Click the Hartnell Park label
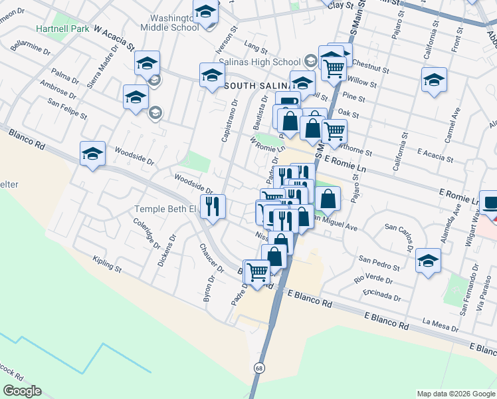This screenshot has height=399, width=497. pyautogui.click(x=63, y=29)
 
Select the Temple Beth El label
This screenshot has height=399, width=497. pyautogui.click(x=166, y=209)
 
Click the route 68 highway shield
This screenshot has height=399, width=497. pyautogui.click(x=258, y=367)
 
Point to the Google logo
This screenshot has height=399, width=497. pyautogui.click(x=22, y=391)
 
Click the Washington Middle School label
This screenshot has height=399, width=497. pyautogui.click(x=169, y=22)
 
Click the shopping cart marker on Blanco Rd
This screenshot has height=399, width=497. pyautogui.click(x=256, y=271)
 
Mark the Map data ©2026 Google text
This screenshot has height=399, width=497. pyautogui.click(x=455, y=394)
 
